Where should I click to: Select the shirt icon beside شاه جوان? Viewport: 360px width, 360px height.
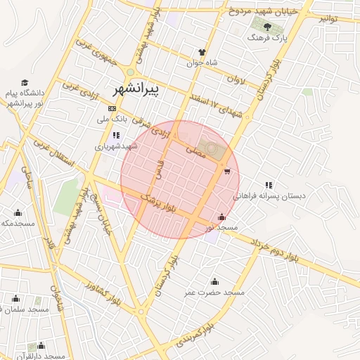pos(202,52)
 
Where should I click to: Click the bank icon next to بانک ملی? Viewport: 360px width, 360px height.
pos(112,108)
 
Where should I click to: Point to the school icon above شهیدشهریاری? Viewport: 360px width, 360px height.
pos(115,135)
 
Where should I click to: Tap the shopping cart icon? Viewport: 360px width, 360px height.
pos(226,170)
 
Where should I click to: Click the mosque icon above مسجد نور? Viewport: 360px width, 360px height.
pos(223,217)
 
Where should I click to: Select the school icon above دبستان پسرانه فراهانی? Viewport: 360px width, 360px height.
pos(269,185)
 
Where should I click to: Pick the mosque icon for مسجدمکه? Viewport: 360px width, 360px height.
pos(18,212)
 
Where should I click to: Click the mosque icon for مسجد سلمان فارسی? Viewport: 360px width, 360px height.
pos(15,298)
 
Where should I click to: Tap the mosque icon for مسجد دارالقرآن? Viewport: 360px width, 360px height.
pos(41,345)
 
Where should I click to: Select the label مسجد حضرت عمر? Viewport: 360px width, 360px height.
pos(214,292)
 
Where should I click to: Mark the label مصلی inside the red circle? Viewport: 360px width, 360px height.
pos(195,150)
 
